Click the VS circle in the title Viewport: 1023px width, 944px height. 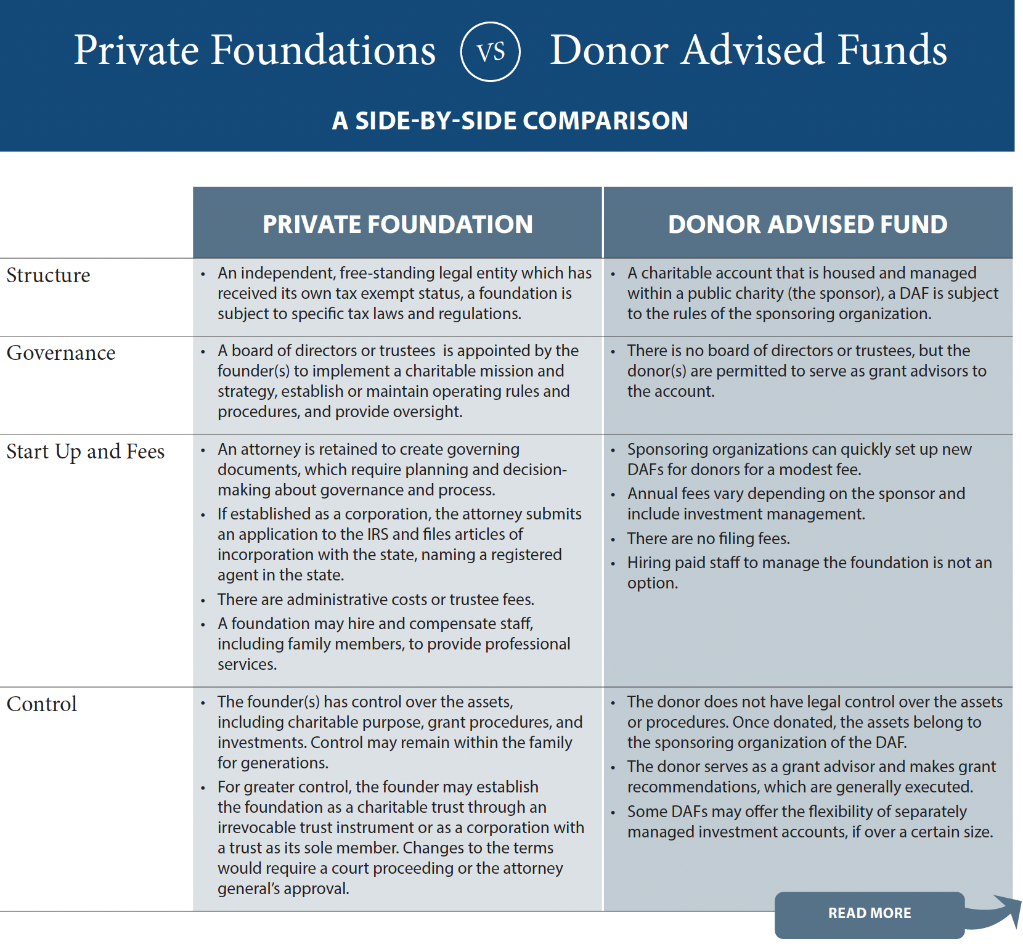pyautogui.click(x=491, y=52)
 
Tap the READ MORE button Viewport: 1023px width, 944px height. pyautogui.click(x=869, y=913)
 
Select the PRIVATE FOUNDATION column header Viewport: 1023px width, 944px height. pyautogui.click(x=397, y=224)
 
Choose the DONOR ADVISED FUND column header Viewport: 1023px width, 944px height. pyautogui.click(x=807, y=224)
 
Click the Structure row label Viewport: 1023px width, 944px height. pyautogui.click(x=48, y=275)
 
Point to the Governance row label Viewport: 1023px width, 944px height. pyautogui.click(x=61, y=353)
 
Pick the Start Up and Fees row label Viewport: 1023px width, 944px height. pyautogui.click(x=86, y=452)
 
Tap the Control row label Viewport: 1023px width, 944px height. pyautogui.click(x=42, y=704)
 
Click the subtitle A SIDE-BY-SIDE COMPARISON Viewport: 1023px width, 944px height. pyautogui.click(x=510, y=121)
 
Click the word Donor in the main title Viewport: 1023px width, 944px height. pyautogui.click(x=609, y=51)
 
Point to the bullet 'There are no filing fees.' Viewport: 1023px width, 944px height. pyautogui.click(x=708, y=539)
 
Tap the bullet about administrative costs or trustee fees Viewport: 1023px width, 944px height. pyautogui.click(x=375, y=600)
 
